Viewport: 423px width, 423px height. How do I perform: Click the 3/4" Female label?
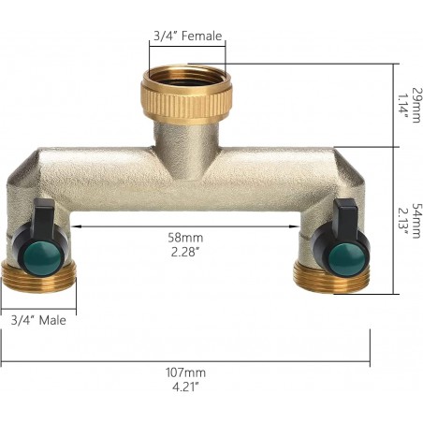(187, 36)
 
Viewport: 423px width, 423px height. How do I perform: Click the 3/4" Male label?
(38, 320)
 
